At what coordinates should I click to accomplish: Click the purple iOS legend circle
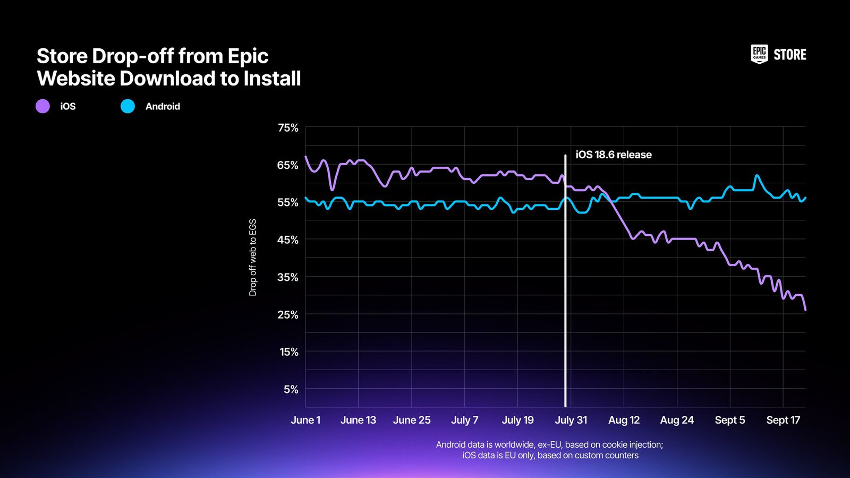coord(42,106)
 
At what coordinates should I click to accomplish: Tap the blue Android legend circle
coord(127,106)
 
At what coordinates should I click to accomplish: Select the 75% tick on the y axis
coord(288,127)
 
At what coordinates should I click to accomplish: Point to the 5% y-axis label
coord(291,389)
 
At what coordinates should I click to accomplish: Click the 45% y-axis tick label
coord(288,240)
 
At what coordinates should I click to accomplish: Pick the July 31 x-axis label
coord(571,420)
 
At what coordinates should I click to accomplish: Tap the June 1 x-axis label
coord(305,420)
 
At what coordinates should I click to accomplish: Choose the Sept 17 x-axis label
coord(783,420)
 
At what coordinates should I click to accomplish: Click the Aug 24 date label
coord(676,420)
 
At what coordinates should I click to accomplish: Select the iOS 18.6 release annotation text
coord(613,155)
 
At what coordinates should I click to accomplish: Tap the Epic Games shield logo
coord(759,54)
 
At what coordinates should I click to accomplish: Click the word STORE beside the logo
coord(789,55)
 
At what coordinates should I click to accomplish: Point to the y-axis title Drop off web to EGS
coord(253,257)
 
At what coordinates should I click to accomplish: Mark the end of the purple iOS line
coord(805,309)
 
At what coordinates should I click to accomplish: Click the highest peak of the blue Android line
coord(756,176)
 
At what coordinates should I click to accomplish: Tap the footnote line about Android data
coord(549,445)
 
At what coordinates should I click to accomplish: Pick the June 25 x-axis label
coord(411,420)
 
